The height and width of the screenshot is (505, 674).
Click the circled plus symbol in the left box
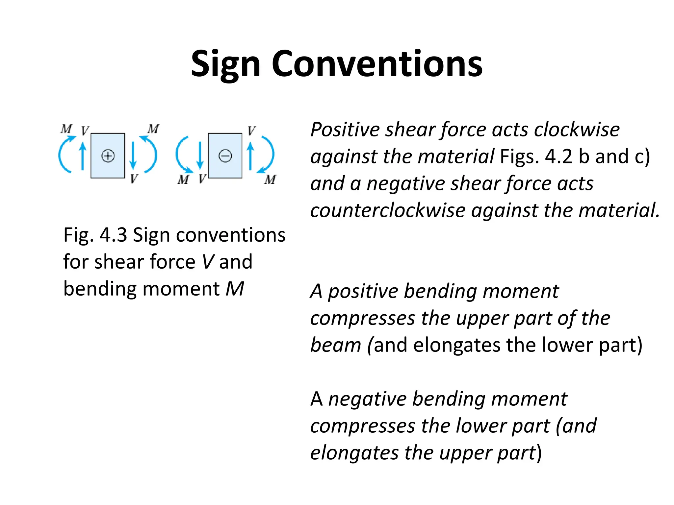[108, 156]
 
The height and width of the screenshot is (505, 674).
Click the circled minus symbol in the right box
[225, 156]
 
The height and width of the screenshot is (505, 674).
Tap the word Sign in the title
[226, 64]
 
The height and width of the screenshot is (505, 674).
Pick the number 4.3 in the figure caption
[113, 235]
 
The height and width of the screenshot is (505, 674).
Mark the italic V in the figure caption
[208, 262]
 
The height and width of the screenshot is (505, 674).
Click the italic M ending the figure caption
[235, 289]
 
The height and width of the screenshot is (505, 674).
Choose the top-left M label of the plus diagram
[66, 129]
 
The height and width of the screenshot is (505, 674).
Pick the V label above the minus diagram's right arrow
[251, 131]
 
